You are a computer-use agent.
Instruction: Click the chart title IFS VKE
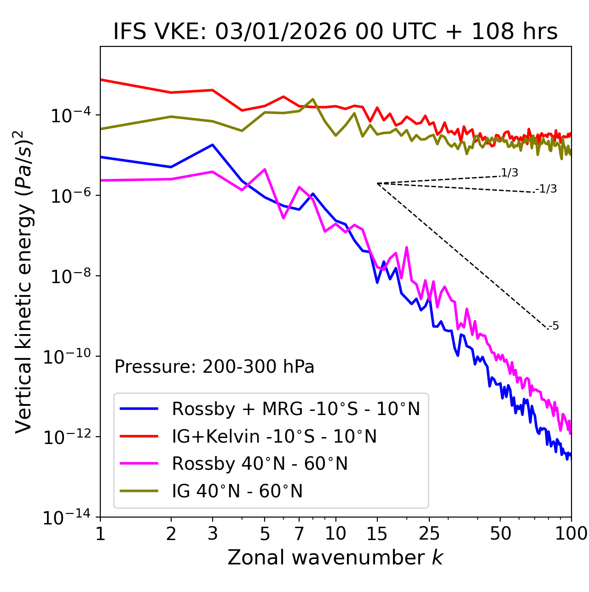click(x=335, y=32)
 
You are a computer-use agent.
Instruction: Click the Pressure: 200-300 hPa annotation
click(x=214, y=367)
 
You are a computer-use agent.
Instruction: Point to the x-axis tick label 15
click(x=377, y=534)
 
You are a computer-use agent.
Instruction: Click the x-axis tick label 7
click(x=299, y=534)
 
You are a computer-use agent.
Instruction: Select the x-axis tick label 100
click(x=571, y=534)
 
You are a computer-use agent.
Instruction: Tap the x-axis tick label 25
click(x=429, y=534)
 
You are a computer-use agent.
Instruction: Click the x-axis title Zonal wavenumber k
click(x=335, y=558)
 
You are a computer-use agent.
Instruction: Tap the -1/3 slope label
click(x=547, y=189)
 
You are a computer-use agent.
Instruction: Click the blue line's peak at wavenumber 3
click(x=213, y=145)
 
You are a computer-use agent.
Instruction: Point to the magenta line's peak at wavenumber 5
click(x=265, y=169)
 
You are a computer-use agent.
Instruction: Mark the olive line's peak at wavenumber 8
click(x=313, y=99)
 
